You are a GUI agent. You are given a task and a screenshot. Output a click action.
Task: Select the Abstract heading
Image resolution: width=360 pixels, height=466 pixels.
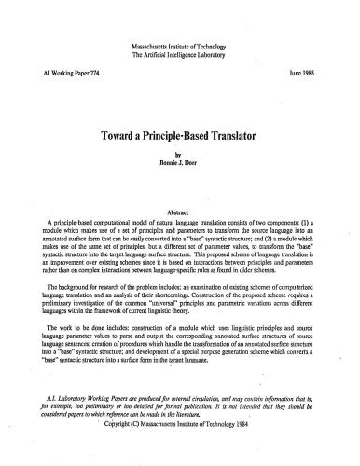tap(180, 185)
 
